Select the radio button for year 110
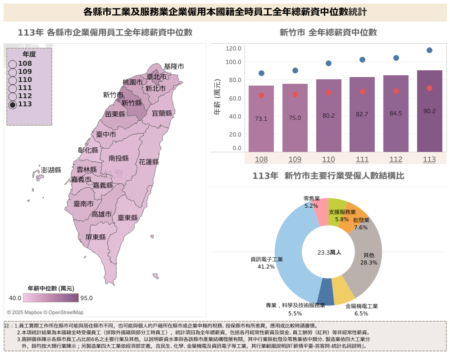tap(13, 80)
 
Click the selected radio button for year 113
tap(13, 105)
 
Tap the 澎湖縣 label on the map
tap(51, 170)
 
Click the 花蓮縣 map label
tap(149, 162)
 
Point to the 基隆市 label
tap(174, 66)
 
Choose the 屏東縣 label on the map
tap(95, 237)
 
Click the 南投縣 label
tap(118, 158)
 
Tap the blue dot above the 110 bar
tap(328, 64)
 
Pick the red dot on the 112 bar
tap(396, 91)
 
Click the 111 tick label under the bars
tap(362, 159)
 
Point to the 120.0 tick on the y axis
tap(233, 48)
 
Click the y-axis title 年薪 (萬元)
tap(218, 97)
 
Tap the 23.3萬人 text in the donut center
tap(329, 252)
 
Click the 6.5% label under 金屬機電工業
tap(361, 314)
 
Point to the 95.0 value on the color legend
tap(86, 298)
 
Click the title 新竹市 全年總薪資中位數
tap(328, 32)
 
